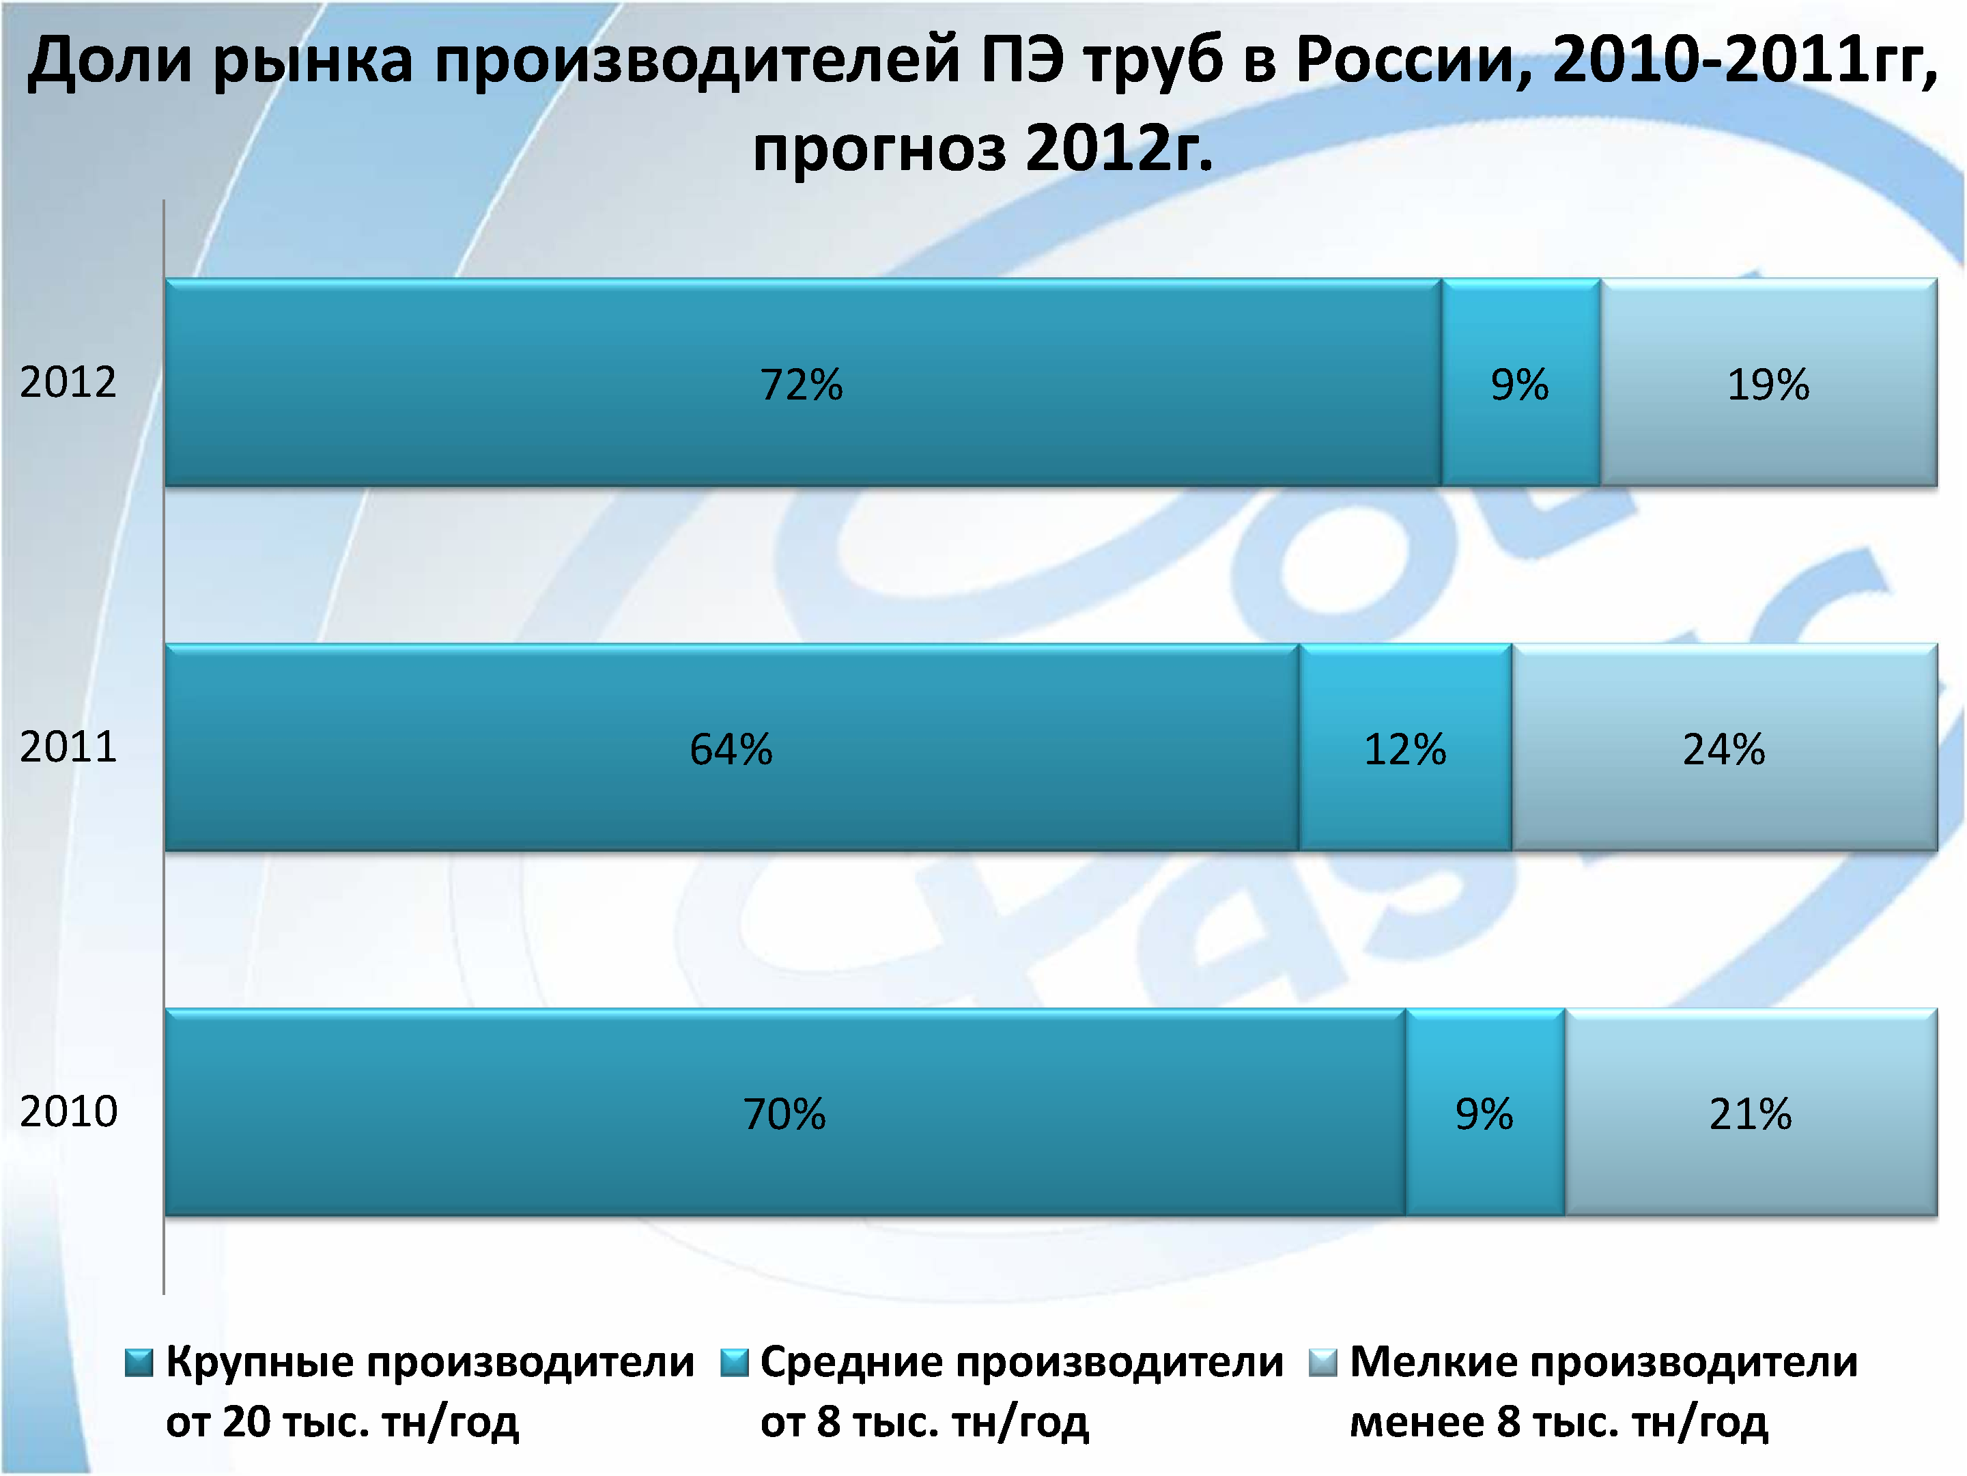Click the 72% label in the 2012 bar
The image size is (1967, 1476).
click(x=801, y=385)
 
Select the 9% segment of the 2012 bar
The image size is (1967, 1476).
click(x=1520, y=385)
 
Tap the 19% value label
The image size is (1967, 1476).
click(x=1768, y=385)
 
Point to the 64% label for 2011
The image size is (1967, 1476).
click(x=731, y=749)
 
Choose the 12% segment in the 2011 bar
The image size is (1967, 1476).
click(x=1405, y=749)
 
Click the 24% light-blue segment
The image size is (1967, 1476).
click(x=1723, y=749)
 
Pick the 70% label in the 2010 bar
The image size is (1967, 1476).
click(x=784, y=1114)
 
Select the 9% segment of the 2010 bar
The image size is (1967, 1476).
click(x=1484, y=1114)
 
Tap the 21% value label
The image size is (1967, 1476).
click(x=1750, y=1114)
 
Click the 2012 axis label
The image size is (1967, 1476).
click(x=68, y=382)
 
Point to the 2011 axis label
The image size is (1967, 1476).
click(x=68, y=747)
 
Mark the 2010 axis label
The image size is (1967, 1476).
click(x=68, y=1111)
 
